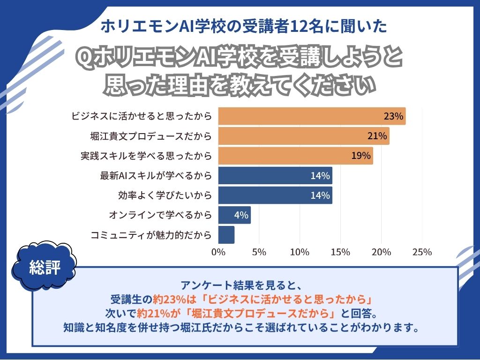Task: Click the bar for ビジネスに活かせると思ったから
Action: click(x=312, y=116)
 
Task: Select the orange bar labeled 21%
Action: click(x=304, y=136)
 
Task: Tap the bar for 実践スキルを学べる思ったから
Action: click(x=295, y=156)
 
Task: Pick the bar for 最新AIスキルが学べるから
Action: click(x=275, y=176)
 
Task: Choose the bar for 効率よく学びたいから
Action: click(x=275, y=195)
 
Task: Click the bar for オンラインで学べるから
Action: click(x=234, y=215)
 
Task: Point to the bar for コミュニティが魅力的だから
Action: click(x=226, y=235)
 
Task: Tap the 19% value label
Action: click(x=361, y=156)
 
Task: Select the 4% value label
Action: click(x=240, y=216)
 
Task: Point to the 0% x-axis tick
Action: click(x=218, y=252)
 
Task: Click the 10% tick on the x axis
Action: click(x=300, y=252)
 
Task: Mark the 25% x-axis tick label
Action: click(x=422, y=252)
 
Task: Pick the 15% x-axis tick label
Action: click(x=340, y=252)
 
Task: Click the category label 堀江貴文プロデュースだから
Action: click(x=151, y=136)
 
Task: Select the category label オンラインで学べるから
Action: click(x=160, y=215)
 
